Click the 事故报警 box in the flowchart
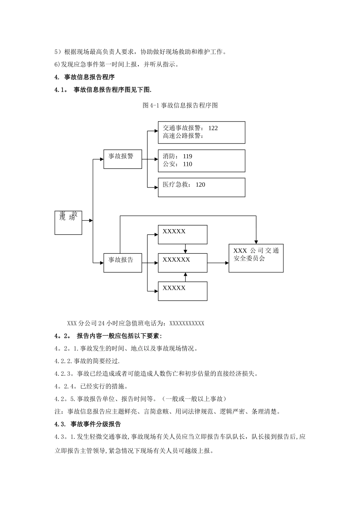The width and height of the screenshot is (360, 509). tap(122, 159)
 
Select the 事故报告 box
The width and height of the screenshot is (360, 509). tap(122, 262)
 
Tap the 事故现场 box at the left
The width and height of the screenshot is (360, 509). tap(68, 223)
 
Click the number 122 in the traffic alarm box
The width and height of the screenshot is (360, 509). tap(213, 128)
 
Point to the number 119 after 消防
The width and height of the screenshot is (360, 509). tap(187, 156)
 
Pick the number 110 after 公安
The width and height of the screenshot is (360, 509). tap(187, 164)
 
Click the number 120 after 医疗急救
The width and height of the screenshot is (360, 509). tap(200, 185)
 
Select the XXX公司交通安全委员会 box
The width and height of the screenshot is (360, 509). tap(256, 258)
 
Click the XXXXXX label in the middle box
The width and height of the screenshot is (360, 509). tap(176, 260)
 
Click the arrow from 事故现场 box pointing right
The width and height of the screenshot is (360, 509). tap(87, 220)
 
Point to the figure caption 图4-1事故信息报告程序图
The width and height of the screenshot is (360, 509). tap(180, 105)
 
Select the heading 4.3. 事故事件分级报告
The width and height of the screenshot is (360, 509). tap(88, 424)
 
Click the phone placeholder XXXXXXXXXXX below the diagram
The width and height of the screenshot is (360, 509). tap(187, 323)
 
